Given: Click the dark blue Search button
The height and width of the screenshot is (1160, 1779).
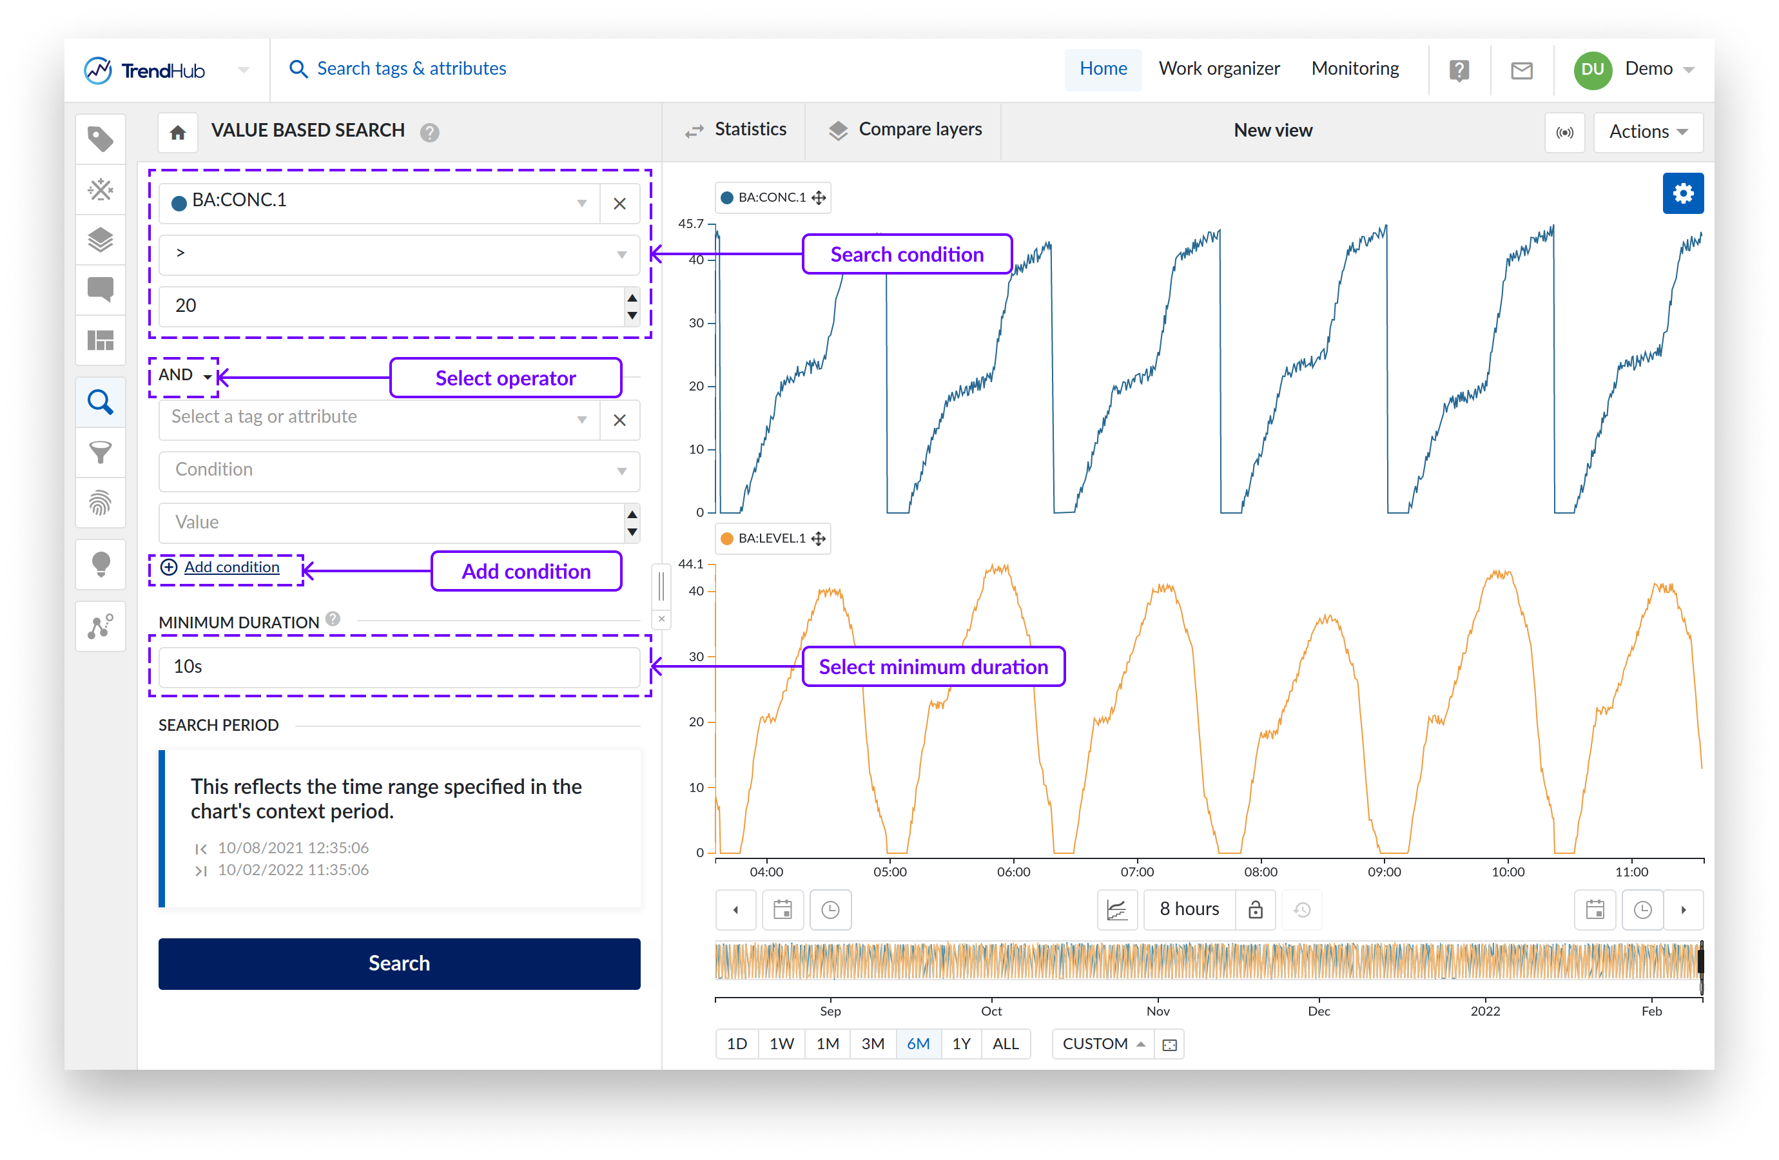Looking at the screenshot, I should pyautogui.click(x=399, y=963).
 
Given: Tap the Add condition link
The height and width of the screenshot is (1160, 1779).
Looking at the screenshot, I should pyautogui.click(x=231, y=567).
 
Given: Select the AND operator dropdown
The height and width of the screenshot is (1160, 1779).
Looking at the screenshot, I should pyautogui.click(x=184, y=375).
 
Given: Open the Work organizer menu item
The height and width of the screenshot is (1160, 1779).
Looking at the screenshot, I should pyautogui.click(x=1218, y=69).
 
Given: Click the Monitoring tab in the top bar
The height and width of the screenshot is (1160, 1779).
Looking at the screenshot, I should pyautogui.click(x=1354, y=69).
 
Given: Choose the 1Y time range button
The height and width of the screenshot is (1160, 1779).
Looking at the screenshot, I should pyautogui.click(x=960, y=1043).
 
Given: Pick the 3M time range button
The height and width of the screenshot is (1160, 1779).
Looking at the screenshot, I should pyautogui.click(x=872, y=1043).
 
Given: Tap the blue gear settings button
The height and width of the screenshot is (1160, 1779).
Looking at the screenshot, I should pyautogui.click(x=1682, y=193).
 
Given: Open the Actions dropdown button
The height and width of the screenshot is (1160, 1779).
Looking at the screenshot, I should pyautogui.click(x=1648, y=131).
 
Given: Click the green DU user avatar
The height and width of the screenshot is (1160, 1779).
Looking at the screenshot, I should pyautogui.click(x=1591, y=70).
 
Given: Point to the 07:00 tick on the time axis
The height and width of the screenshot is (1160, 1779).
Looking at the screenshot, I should pyautogui.click(x=1136, y=871).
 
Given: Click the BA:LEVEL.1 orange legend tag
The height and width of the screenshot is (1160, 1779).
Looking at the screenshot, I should pyautogui.click(x=772, y=538).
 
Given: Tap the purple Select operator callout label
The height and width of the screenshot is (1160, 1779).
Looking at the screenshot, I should pyautogui.click(x=505, y=378).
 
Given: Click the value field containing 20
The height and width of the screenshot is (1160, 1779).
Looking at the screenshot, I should pyautogui.click(x=392, y=305).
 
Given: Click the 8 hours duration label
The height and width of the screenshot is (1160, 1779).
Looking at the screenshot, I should pyautogui.click(x=1189, y=909).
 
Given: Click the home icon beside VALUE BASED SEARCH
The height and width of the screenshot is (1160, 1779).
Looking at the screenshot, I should pyautogui.click(x=178, y=132).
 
